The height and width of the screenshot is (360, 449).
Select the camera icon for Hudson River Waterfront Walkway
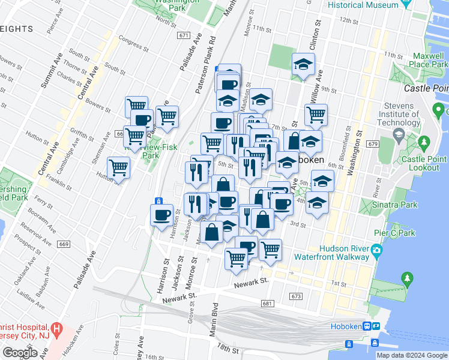coord(376,250)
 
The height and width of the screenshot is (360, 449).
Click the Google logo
coord(20,353)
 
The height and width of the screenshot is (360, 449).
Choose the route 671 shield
coord(183,35)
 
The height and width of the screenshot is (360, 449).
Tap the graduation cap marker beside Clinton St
coord(304,65)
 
